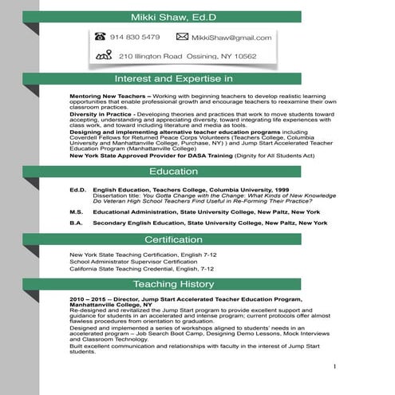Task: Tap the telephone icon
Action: tap(101, 37)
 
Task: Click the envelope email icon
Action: tap(182, 37)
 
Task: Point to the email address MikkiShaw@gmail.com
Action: tap(231, 38)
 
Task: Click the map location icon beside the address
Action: tap(103, 56)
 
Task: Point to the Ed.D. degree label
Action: tap(77, 190)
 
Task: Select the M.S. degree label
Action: tap(77, 212)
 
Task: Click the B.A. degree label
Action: tap(77, 223)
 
